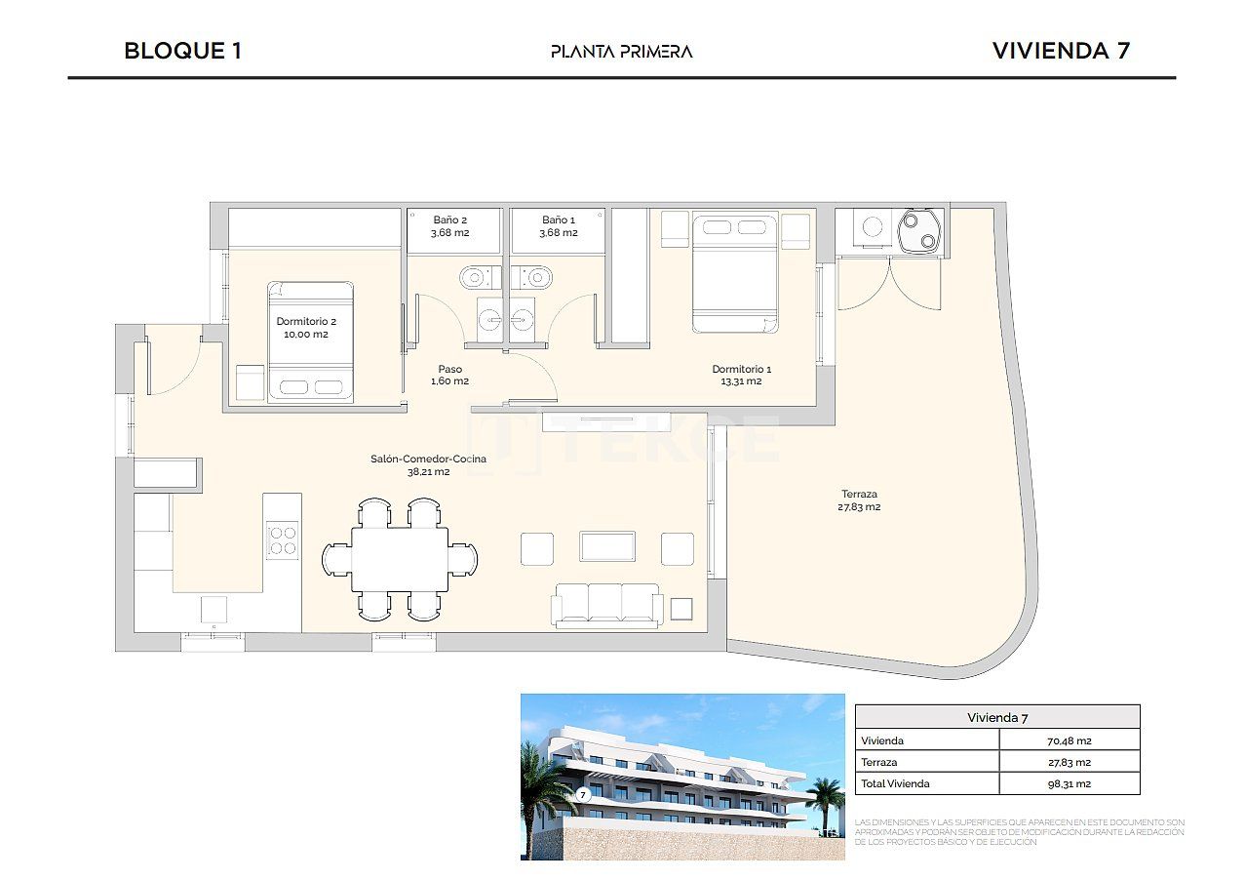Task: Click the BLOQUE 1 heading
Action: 182,51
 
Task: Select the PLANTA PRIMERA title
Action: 621,52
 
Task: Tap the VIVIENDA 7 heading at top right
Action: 1060,51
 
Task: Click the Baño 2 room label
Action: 450,226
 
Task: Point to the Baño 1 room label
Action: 559,226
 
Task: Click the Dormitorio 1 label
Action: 741,375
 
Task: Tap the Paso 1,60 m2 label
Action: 449,375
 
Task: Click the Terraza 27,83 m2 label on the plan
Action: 859,500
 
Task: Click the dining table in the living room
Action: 400,559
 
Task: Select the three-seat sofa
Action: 606,603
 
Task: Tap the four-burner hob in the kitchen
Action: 283,539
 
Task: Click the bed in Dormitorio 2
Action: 311,341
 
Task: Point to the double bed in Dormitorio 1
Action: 735,273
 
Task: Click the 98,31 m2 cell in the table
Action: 1069,783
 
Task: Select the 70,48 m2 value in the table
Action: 1069,740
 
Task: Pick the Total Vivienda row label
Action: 896,783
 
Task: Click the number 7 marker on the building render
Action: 583,794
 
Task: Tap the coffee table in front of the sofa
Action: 607,546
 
